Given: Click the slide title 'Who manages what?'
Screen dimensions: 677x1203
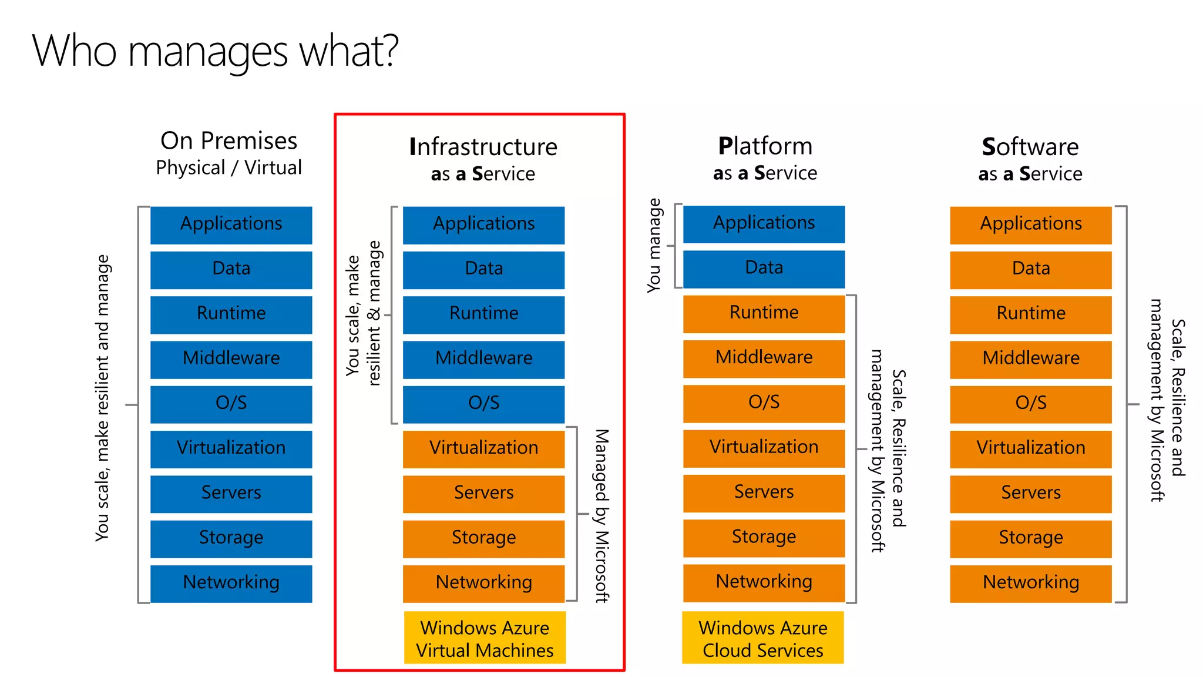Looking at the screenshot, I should pos(215,52).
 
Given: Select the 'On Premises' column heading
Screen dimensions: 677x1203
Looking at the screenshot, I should pos(228,141).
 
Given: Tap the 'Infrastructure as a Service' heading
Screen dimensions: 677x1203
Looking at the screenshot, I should pos(483,159).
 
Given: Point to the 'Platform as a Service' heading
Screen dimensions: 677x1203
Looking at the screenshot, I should pos(765,158).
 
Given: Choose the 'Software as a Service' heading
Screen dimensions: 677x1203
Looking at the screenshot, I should pos(1030,159).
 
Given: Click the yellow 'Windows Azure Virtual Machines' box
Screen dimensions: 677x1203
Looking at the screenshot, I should pos(485,638).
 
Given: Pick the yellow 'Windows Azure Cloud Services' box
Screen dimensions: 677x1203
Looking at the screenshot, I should pos(762,638).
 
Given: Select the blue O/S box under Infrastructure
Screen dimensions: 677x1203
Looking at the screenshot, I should pos(483,404).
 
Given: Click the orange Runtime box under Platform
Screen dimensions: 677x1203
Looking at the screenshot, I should pos(764,313).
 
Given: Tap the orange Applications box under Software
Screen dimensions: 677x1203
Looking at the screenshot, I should pos(1030,224).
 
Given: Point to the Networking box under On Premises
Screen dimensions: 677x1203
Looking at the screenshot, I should pos(231,583).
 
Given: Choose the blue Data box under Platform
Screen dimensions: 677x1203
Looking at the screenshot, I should pos(764,269).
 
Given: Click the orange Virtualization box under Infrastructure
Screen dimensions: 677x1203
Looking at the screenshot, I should pos(483,448).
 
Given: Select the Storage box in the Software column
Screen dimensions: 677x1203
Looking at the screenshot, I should pos(1030,538).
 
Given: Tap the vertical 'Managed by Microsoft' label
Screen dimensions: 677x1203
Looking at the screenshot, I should pos(601,515).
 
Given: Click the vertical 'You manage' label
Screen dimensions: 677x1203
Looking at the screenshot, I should pos(654,245).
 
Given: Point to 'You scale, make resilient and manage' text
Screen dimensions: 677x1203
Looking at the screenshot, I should pos(102,398).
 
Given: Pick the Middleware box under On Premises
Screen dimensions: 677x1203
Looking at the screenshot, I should pos(231,359).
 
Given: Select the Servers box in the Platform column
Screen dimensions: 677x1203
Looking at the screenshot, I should pos(764,492).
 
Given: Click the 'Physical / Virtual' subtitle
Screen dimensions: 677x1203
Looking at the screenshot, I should pos(228,168).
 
